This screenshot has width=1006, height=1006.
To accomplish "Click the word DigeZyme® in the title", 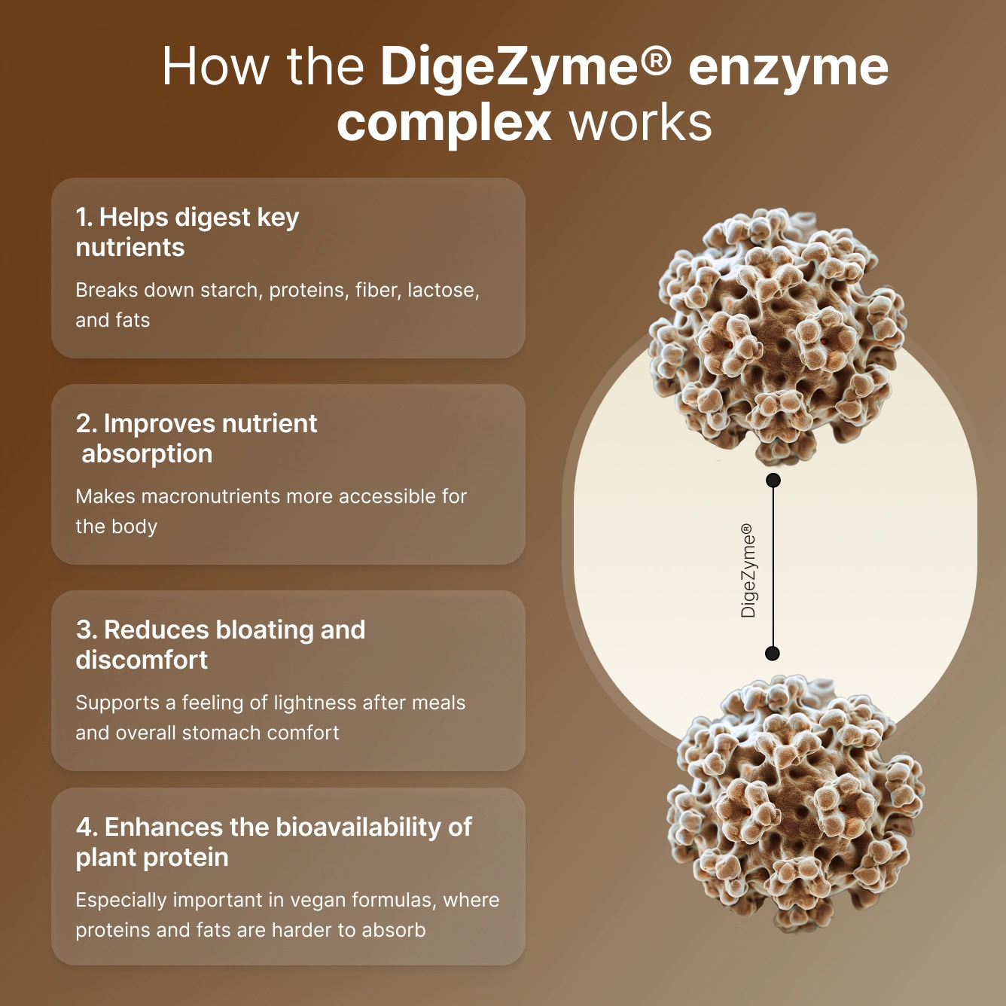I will coord(525,67).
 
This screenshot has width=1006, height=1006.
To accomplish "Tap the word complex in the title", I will coord(444,123).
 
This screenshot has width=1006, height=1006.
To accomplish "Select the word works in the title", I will coord(641,123).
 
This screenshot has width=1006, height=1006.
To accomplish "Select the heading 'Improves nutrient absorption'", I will coord(197,438).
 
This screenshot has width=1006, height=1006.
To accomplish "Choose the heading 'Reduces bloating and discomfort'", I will coord(221,645).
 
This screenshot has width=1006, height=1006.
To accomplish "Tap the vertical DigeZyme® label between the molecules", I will coord(748,571).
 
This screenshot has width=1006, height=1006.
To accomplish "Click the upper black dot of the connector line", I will coord(773,480).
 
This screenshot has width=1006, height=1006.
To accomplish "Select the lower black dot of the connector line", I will coord(773,653).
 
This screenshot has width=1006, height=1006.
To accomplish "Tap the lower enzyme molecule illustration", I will coord(794,802).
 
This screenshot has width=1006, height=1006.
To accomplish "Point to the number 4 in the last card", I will coord(84,828).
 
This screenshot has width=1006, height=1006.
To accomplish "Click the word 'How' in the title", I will coord(215,67).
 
